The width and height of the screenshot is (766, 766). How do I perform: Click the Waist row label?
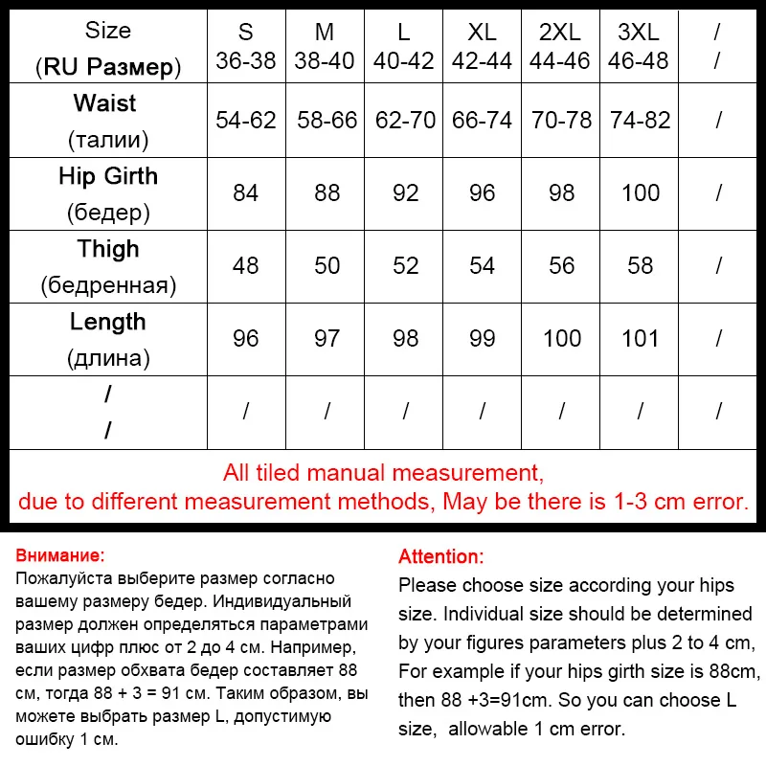(x=108, y=103)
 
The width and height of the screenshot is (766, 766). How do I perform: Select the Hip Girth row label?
(x=108, y=176)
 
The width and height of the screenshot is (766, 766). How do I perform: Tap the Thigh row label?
(x=108, y=249)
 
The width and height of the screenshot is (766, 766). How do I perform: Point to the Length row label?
(x=108, y=322)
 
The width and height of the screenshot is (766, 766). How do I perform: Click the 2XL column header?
(x=561, y=32)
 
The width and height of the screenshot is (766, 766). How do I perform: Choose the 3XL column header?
(x=638, y=32)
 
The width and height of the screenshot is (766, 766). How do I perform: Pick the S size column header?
(x=246, y=32)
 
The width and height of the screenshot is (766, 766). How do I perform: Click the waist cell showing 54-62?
(x=246, y=121)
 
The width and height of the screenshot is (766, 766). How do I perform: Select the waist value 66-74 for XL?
(x=483, y=121)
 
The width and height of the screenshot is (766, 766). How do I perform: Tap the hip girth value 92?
(x=406, y=192)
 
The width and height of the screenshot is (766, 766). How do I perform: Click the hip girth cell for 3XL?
(x=640, y=192)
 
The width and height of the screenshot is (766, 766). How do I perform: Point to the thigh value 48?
(x=246, y=265)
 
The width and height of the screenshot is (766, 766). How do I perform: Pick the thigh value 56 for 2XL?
(x=561, y=265)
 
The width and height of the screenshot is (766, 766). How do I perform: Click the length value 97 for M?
(x=327, y=338)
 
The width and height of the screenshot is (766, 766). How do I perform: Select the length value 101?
(x=640, y=338)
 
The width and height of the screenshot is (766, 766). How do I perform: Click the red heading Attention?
(x=441, y=557)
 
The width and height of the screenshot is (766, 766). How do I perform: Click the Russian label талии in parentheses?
(x=108, y=140)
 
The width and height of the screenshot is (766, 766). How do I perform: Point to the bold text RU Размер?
(x=107, y=67)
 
